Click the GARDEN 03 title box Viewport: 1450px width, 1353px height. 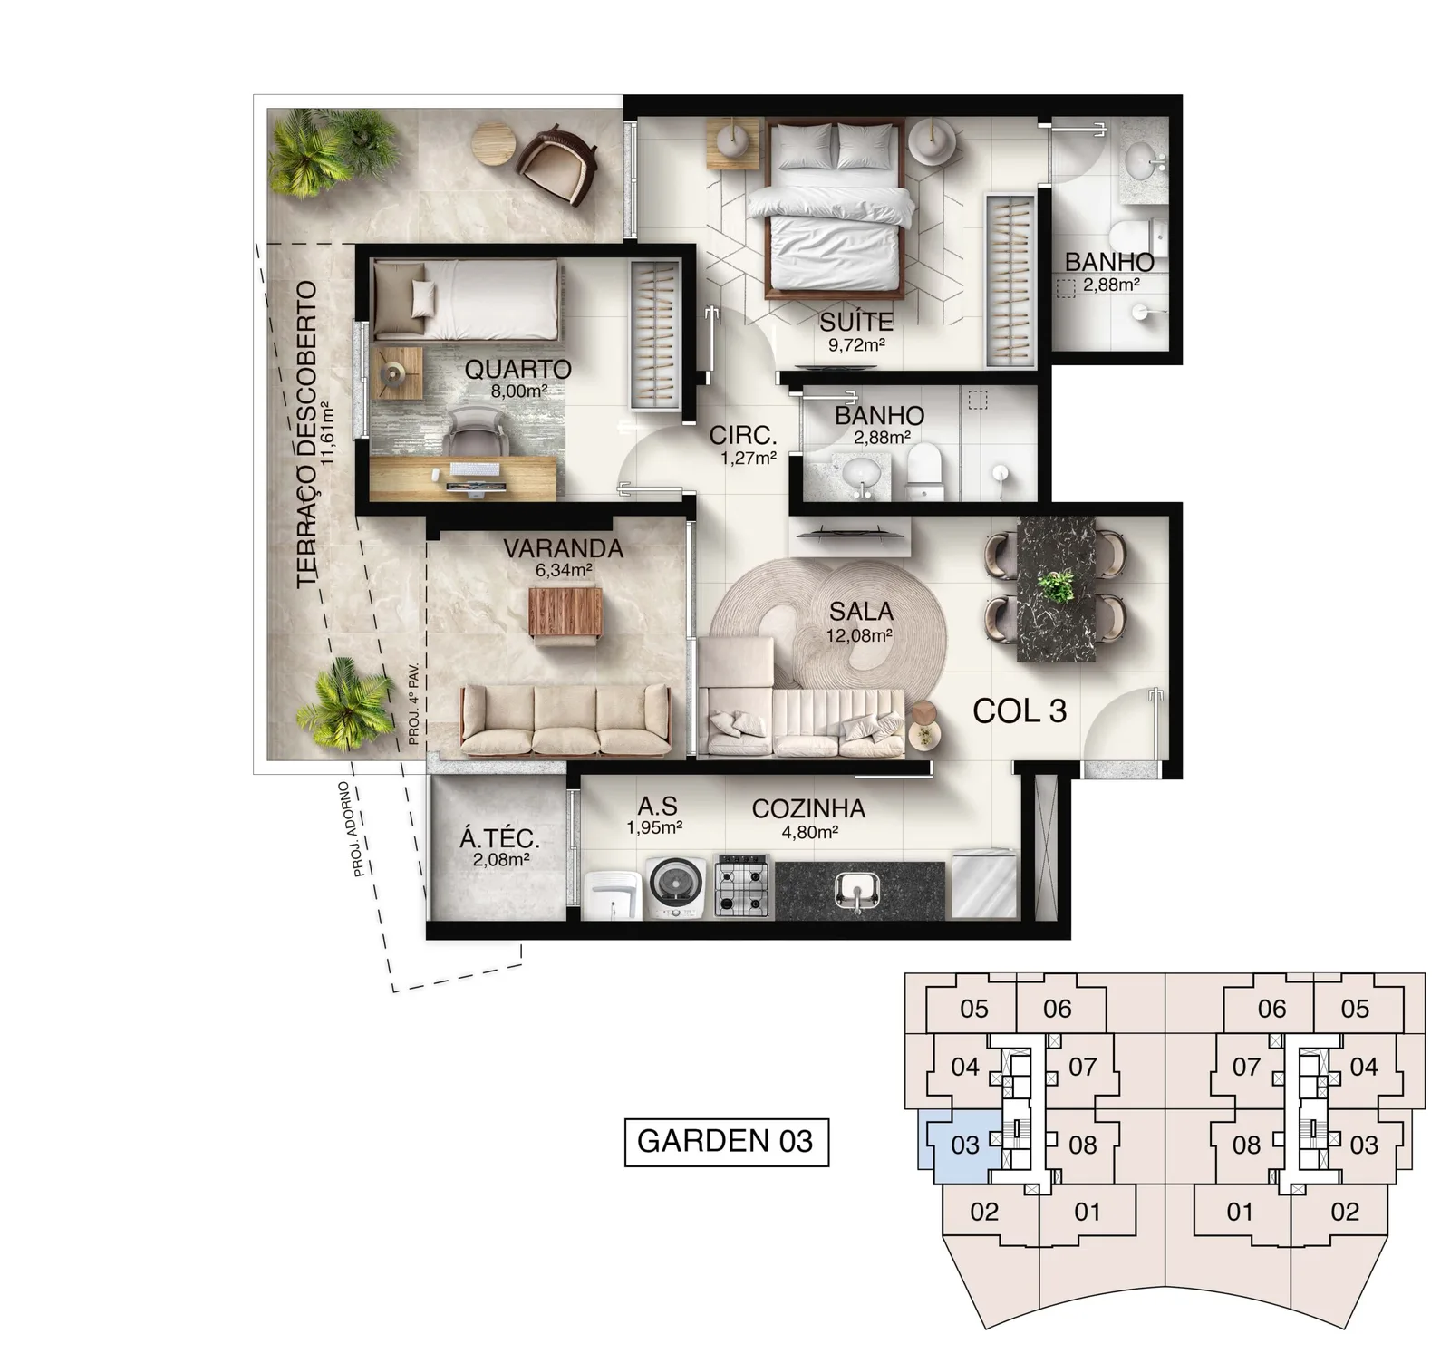[727, 1141]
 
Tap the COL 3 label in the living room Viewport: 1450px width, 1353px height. [1020, 711]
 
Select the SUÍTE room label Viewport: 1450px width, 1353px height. [856, 322]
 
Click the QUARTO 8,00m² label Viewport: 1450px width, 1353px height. [518, 378]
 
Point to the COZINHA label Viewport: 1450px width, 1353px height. [808, 808]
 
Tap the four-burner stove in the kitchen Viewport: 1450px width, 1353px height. [742, 887]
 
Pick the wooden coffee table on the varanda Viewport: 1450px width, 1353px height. [565, 614]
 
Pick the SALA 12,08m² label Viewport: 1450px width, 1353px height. [860, 622]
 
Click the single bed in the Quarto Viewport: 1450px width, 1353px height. [464, 299]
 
